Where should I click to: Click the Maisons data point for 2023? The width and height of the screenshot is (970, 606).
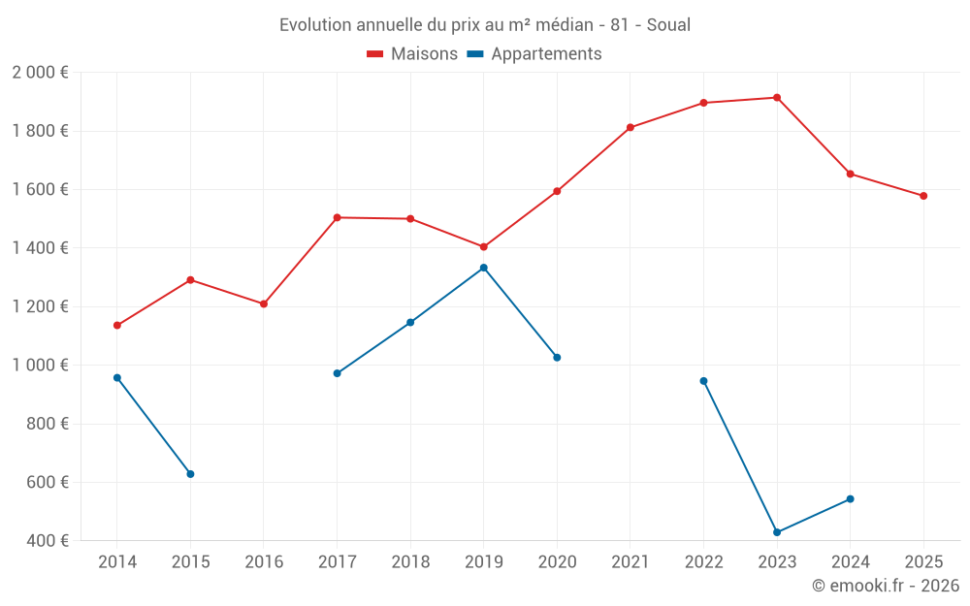click(x=777, y=98)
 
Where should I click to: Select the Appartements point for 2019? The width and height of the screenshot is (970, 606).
click(x=484, y=268)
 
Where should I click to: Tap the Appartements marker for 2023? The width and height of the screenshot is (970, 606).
click(x=777, y=532)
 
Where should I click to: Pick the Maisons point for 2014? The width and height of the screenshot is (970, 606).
click(x=117, y=326)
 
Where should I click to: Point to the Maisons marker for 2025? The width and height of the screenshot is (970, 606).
click(x=923, y=196)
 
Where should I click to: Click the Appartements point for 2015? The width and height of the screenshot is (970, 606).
click(x=190, y=474)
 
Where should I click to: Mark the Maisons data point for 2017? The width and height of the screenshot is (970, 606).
click(x=337, y=217)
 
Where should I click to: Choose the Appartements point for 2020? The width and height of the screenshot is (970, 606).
click(x=557, y=358)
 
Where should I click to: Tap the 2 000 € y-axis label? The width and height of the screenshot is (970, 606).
click(x=41, y=73)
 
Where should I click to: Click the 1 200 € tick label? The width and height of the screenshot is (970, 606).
click(x=41, y=306)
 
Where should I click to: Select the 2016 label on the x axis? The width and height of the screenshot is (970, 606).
click(x=264, y=562)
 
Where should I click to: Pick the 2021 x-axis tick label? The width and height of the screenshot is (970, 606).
click(x=630, y=562)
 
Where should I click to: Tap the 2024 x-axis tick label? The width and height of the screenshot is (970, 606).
click(x=850, y=562)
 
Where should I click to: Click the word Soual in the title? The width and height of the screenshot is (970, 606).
click(x=668, y=25)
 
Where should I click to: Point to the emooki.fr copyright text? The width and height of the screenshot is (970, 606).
click(x=886, y=586)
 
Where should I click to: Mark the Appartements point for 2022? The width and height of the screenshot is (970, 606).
click(x=703, y=381)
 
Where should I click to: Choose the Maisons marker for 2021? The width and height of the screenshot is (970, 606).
click(x=630, y=127)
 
